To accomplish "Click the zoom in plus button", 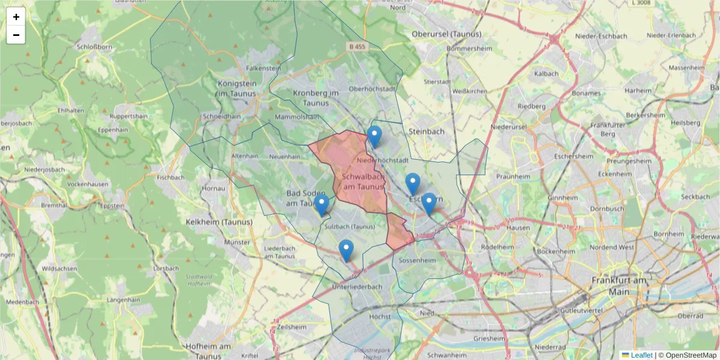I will point(16,17).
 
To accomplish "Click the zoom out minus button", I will point(16,35).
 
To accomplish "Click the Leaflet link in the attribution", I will point(641,355).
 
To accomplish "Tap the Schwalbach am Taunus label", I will point(362,182).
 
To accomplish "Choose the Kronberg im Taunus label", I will point(316,98).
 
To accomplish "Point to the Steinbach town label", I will point(425,131).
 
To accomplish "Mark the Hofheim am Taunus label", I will point(208,351).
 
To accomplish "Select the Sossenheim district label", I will point(416,261).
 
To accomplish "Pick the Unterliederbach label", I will point(357,287).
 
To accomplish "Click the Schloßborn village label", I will point(92,46).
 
